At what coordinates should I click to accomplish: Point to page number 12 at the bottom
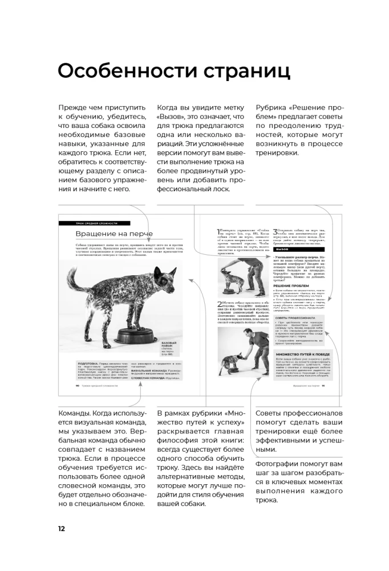tap(61, 528)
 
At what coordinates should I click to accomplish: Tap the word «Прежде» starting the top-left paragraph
tap(74, 107)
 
